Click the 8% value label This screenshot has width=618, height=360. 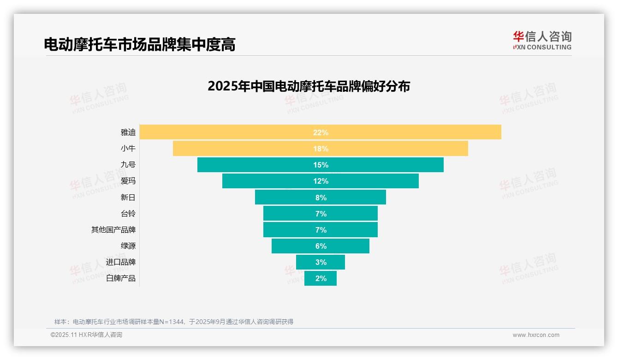321,198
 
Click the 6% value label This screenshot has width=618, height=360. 321,246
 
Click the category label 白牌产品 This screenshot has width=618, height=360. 121,278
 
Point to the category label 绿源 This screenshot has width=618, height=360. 128,246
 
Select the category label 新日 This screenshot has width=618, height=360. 128,198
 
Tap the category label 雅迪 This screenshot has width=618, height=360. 128,132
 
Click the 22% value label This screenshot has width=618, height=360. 321,132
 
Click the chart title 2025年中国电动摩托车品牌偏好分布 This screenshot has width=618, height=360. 309,86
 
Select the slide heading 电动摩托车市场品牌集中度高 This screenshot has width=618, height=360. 139,44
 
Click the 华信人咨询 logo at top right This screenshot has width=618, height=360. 542,40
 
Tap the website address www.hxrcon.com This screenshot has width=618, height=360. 536,335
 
